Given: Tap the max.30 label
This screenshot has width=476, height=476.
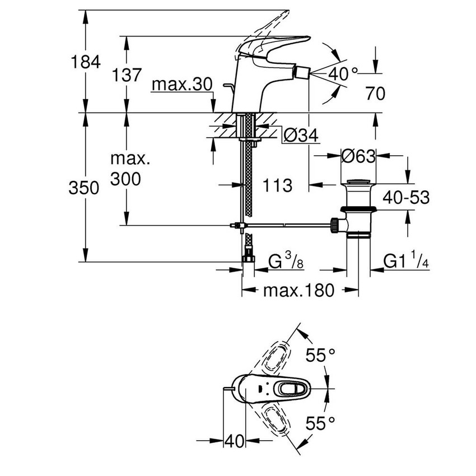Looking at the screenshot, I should coord(182,85).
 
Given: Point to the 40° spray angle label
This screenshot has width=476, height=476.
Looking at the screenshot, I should coord(343,73).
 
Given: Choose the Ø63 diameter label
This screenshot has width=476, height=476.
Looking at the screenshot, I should coord(358,157).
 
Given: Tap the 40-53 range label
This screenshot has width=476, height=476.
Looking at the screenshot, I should coord(406,197).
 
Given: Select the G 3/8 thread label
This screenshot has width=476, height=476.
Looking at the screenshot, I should coord(286,262).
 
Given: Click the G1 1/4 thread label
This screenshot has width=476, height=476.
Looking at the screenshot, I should coord(406,262).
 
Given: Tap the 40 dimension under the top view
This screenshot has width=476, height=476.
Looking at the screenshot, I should coord(235,441).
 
